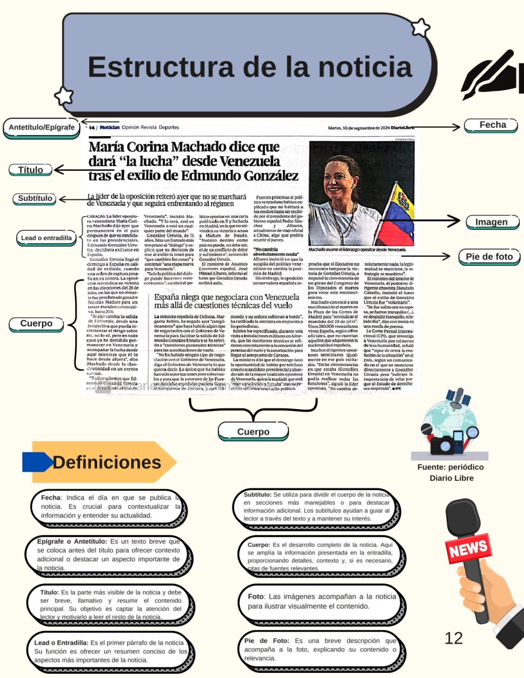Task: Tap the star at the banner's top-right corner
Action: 420,28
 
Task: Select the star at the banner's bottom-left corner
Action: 64,96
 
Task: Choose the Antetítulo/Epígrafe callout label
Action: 41,127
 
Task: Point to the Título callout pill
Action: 31,170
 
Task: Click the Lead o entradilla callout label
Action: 46,238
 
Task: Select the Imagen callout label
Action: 491,222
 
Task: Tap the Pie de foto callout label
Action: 489,257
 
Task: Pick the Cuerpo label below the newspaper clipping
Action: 253,431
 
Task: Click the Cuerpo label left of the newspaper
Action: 36,323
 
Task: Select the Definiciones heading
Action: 107,462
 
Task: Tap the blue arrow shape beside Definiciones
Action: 37,462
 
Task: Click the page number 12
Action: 453,638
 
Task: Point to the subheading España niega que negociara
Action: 226,301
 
